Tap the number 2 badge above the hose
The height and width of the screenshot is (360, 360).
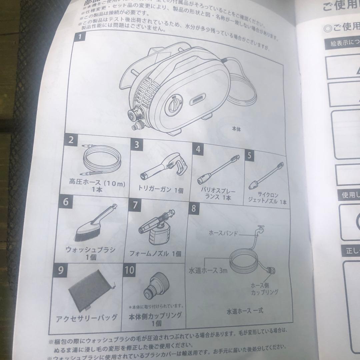click(x=70, y=140)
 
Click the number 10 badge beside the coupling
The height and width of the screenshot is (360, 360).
click(x=129, y=270)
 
